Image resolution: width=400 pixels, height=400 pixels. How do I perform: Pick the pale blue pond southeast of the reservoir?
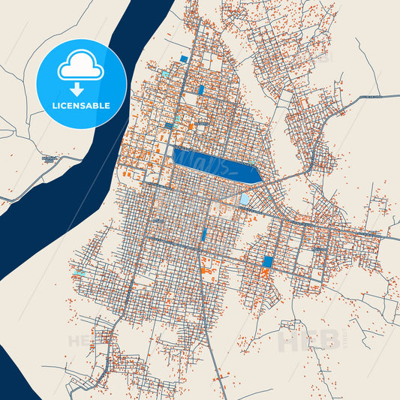(245, 199)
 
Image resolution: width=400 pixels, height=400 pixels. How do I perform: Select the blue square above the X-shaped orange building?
(268, 261)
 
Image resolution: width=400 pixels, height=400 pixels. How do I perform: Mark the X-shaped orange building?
(264, 273)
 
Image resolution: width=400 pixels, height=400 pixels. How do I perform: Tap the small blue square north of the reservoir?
(184, 59)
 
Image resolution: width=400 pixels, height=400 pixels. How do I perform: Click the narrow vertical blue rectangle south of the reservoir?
(203, 234)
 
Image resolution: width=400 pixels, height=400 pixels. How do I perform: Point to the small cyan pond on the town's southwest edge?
(79, 272)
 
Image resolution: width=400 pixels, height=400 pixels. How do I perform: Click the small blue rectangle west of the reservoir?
(170, 126)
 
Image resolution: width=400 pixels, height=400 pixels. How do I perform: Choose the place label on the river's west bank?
(50, 159)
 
